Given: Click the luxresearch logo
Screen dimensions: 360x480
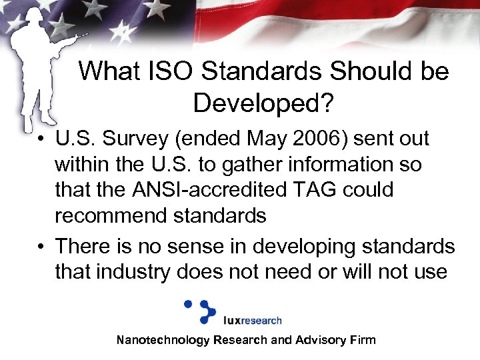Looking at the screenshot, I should click(233, 313).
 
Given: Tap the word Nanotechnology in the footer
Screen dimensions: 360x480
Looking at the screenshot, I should click(163, 340).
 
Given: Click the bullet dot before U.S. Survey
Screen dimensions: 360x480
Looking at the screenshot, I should click(41, 140).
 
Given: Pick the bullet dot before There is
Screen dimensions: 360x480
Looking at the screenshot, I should click(41, 247).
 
